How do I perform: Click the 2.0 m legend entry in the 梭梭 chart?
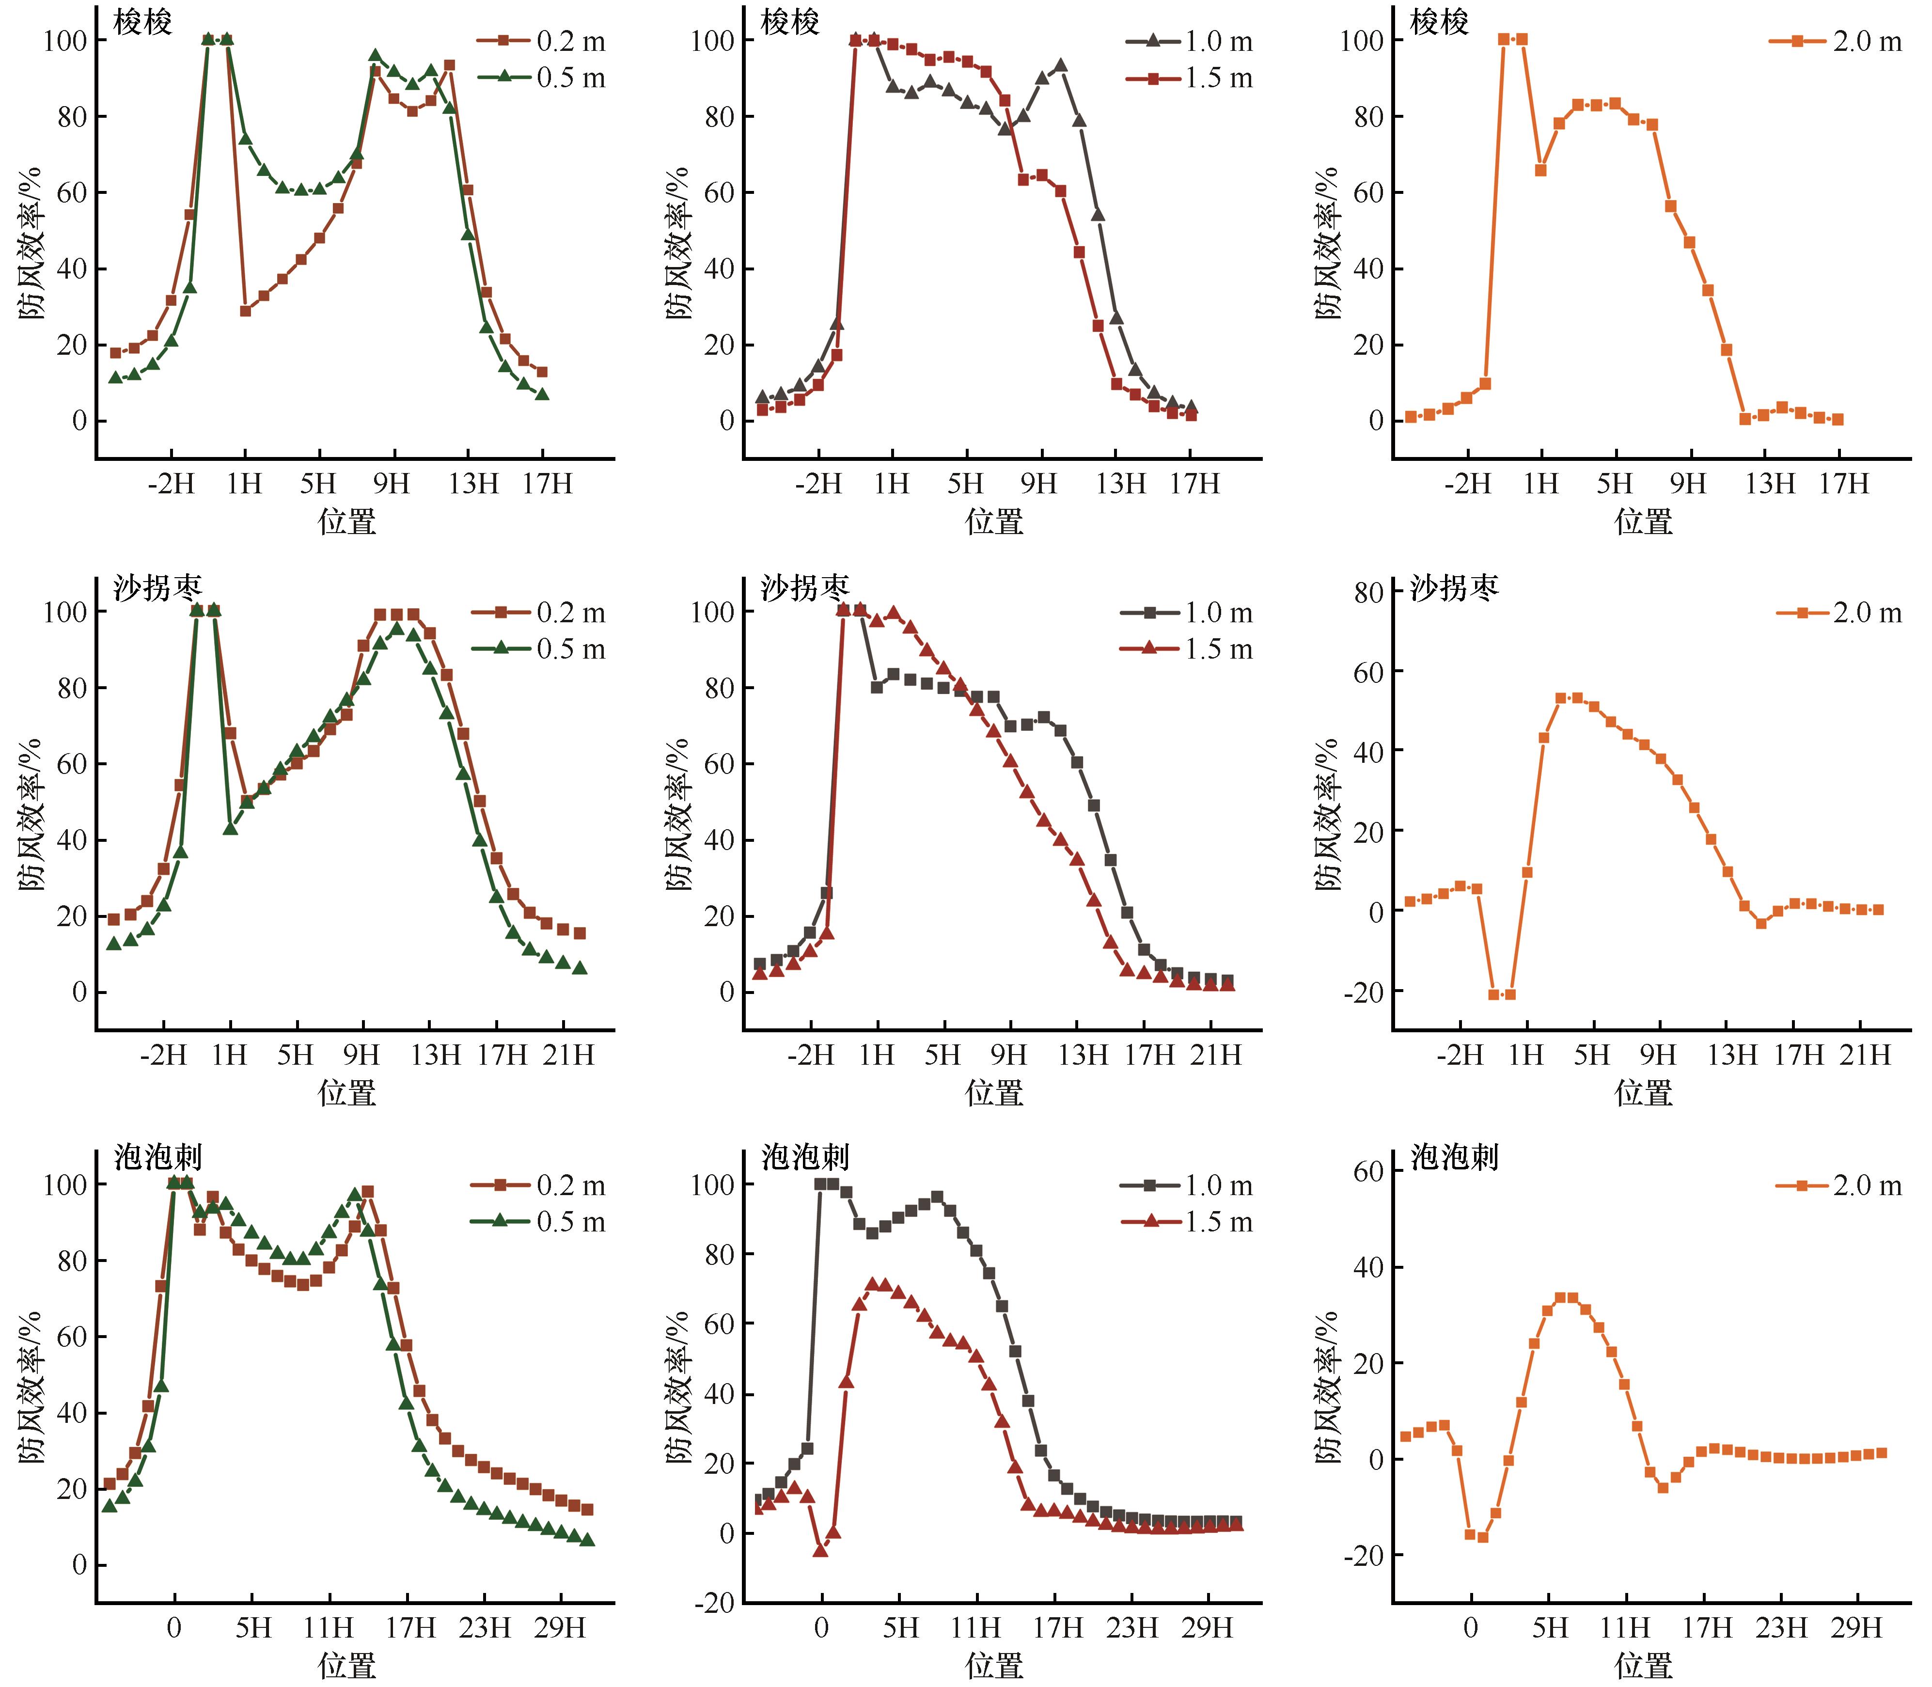coord(1835,41)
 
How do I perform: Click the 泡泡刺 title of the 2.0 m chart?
coord(1454,1157)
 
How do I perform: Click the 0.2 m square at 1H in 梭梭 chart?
coord(246,311)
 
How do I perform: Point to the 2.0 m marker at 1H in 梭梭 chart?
coord(1540,171)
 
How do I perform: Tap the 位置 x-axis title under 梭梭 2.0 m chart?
coord(1643,521)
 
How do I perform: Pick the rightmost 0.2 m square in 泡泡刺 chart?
coord(587,1509)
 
